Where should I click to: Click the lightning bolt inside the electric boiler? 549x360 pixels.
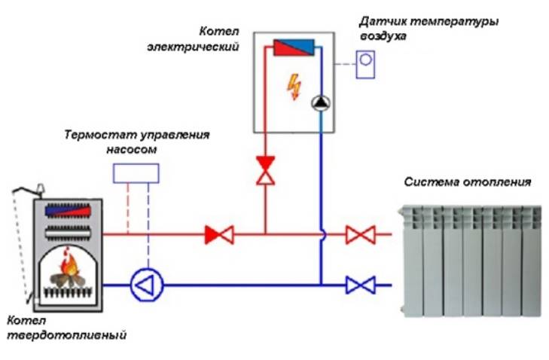point(292,86)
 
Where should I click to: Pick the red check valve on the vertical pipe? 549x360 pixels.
point(265,169)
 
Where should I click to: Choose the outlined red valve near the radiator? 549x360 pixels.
point(360,234)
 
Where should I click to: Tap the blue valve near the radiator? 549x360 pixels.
point(360,285)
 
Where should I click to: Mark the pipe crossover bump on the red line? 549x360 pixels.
point(321,235)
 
